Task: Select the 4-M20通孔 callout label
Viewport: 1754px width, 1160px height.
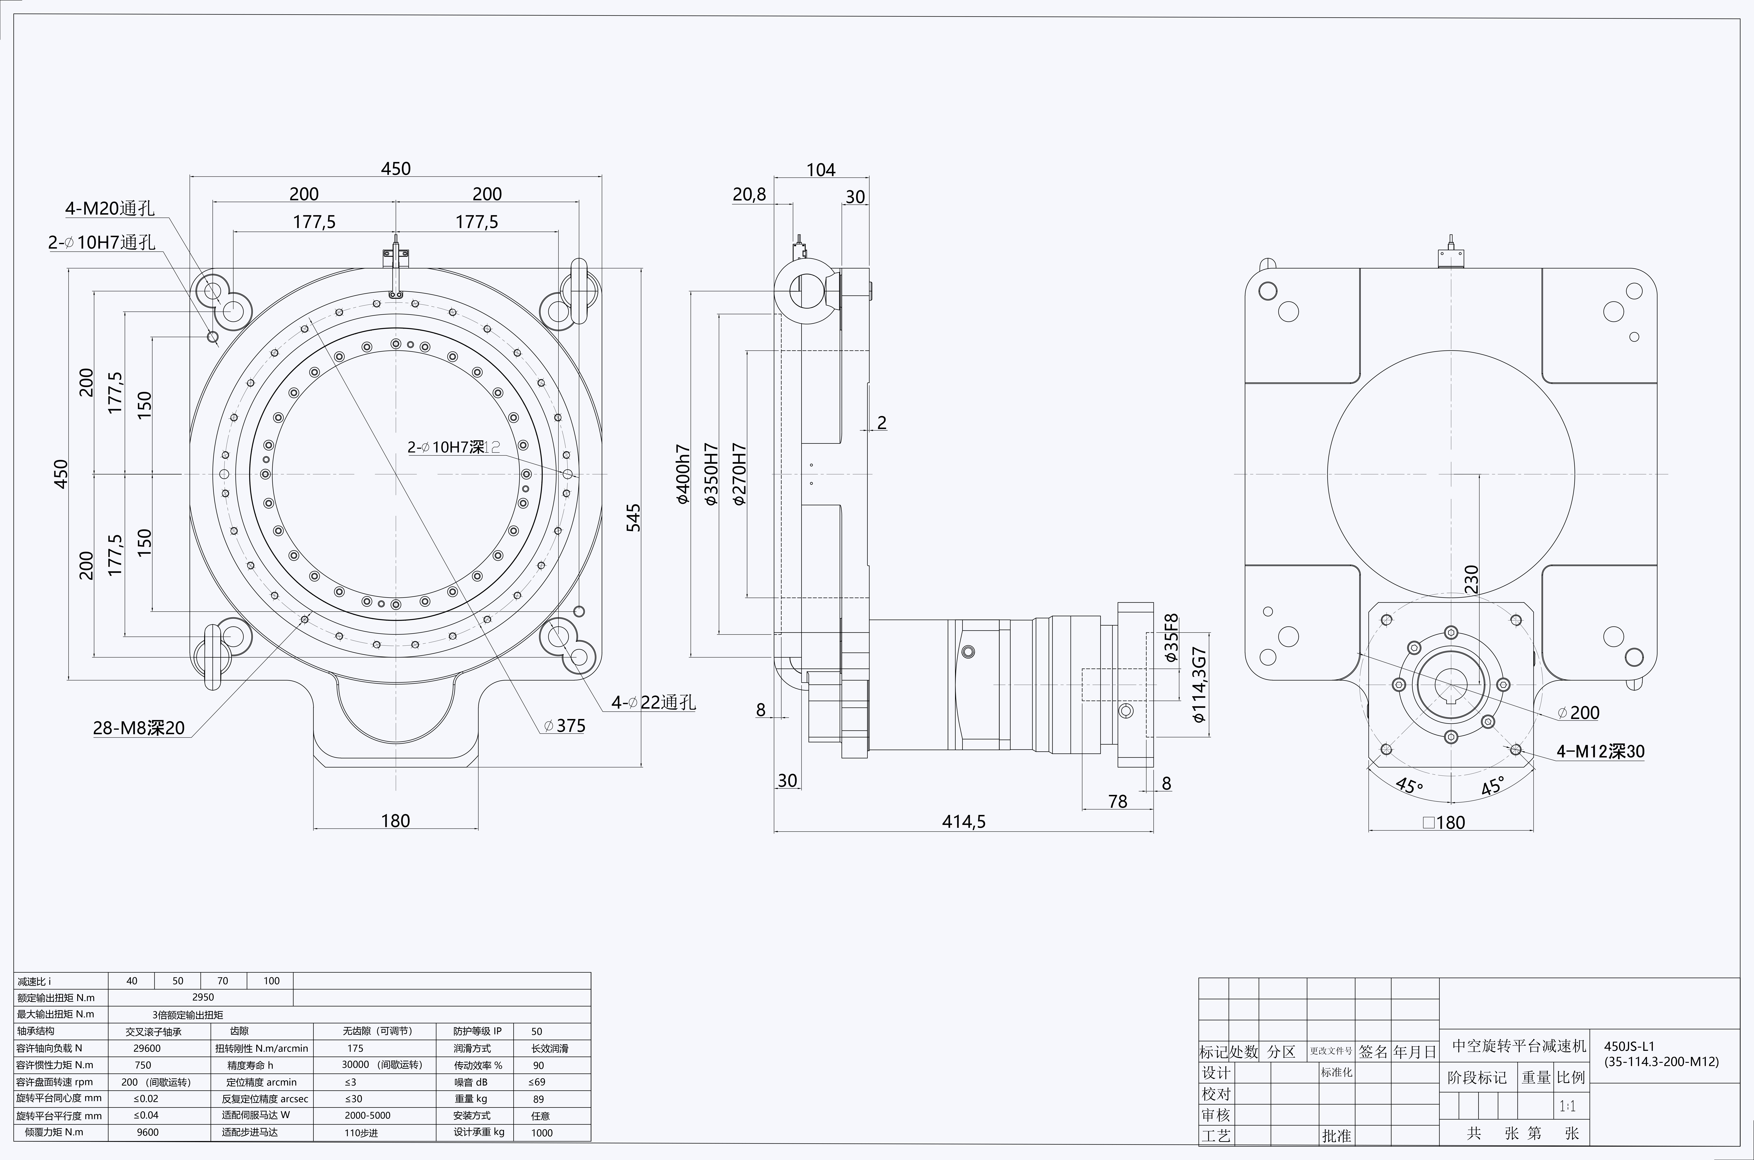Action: pos(110,209)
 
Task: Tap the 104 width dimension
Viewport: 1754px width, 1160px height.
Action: pos(821,170)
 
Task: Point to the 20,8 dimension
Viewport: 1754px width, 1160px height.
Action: pos(749,195)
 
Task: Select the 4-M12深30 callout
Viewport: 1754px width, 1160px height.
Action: pos(1600,752)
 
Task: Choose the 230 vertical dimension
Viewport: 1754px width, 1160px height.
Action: pos(1471,579)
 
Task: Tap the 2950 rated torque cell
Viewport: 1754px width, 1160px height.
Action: pos(203,997)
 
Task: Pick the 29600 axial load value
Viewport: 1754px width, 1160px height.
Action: pos(146,1048)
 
